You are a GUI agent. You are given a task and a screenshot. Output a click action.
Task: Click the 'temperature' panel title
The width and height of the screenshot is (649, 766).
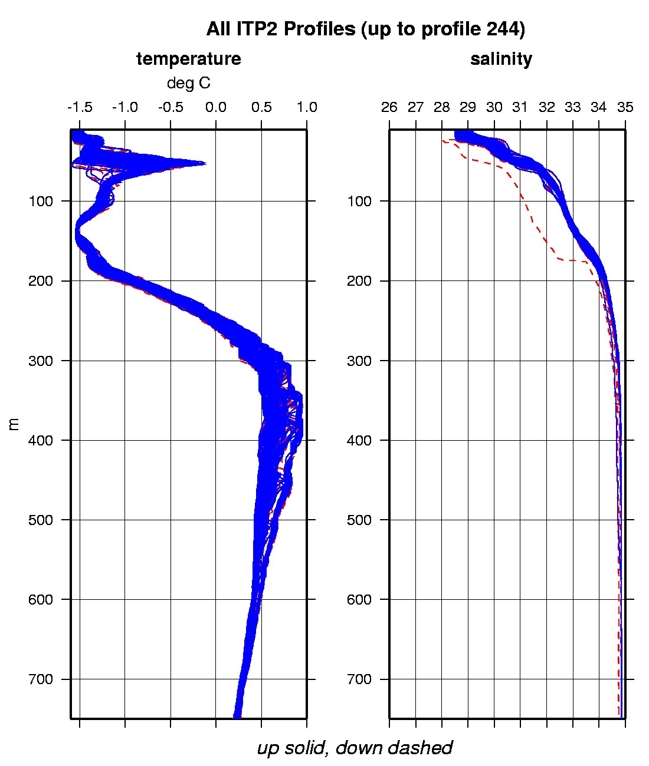point(188,59)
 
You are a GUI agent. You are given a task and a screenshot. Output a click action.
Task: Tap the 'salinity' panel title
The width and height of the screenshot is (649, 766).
point(501,59)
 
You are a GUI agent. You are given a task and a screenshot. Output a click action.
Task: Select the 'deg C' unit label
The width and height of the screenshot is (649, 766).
point(188,83)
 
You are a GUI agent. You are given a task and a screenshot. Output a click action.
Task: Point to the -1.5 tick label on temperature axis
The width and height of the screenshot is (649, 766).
point(79,107)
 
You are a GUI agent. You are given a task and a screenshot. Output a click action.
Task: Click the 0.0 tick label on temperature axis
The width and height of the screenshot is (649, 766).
point(216,107)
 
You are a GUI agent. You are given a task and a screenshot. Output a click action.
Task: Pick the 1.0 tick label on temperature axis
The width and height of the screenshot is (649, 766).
point(307,107)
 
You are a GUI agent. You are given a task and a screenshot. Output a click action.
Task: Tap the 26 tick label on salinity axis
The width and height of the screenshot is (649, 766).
point(389,107)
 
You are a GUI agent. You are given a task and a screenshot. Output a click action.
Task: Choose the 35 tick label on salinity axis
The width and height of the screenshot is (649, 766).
point(625,107)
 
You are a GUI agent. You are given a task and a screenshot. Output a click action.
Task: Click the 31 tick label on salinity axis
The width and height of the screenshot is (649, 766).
point(520,107)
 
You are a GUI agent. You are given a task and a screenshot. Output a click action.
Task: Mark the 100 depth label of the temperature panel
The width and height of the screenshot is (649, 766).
point(41,202)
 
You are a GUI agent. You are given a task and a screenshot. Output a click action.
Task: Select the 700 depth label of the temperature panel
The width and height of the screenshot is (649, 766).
point(41,679)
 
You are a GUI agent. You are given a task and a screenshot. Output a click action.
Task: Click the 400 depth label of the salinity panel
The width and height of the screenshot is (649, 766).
point(360,440)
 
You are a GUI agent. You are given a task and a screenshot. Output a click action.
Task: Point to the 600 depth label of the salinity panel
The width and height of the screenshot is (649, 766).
point(360,599)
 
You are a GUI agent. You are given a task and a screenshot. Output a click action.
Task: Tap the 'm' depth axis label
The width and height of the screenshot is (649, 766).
point(15,424)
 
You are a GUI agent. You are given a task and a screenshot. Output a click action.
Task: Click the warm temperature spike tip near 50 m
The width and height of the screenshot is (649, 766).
point(204,163)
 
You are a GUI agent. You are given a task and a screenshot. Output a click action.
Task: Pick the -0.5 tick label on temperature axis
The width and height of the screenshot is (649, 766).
point(170,107)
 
